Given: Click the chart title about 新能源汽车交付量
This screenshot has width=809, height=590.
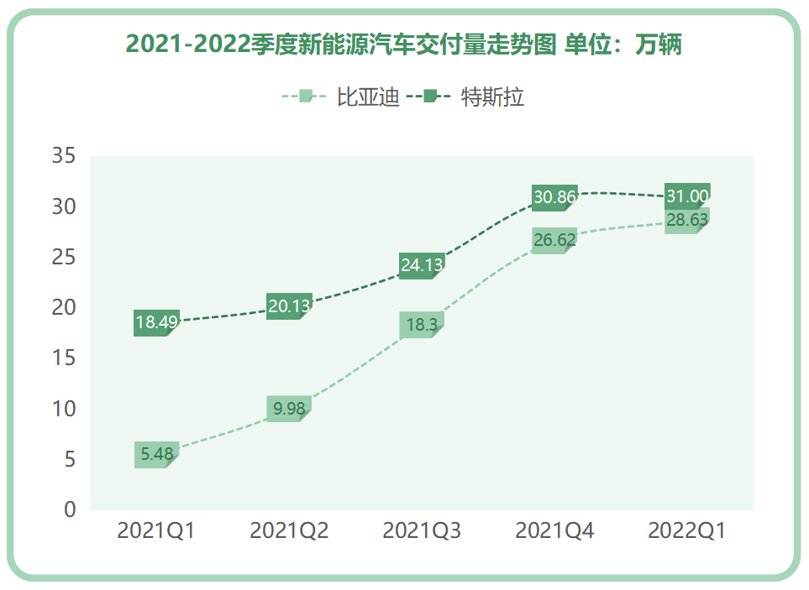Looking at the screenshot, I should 403,44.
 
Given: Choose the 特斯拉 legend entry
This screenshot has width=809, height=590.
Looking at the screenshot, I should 492,97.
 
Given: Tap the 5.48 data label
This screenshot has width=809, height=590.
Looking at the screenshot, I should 156,454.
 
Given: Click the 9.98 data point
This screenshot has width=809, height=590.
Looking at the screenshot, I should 289,409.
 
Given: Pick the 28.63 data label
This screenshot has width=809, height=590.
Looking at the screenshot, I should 687,220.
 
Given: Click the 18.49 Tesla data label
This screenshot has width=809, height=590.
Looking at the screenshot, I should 156,322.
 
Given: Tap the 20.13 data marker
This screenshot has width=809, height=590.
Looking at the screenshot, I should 289,306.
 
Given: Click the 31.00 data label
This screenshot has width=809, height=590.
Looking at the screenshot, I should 687,196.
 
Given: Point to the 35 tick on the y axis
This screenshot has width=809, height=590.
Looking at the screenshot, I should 64,156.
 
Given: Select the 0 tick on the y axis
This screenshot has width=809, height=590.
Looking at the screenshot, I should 70,509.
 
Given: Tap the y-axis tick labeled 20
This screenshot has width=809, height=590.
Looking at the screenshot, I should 64,307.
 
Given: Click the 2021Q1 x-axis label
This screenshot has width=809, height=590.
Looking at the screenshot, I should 156,530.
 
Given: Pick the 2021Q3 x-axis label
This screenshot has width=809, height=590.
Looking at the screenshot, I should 422,530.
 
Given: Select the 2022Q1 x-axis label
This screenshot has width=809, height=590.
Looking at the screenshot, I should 687,530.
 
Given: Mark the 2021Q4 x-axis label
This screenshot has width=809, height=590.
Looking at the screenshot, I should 554,530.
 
